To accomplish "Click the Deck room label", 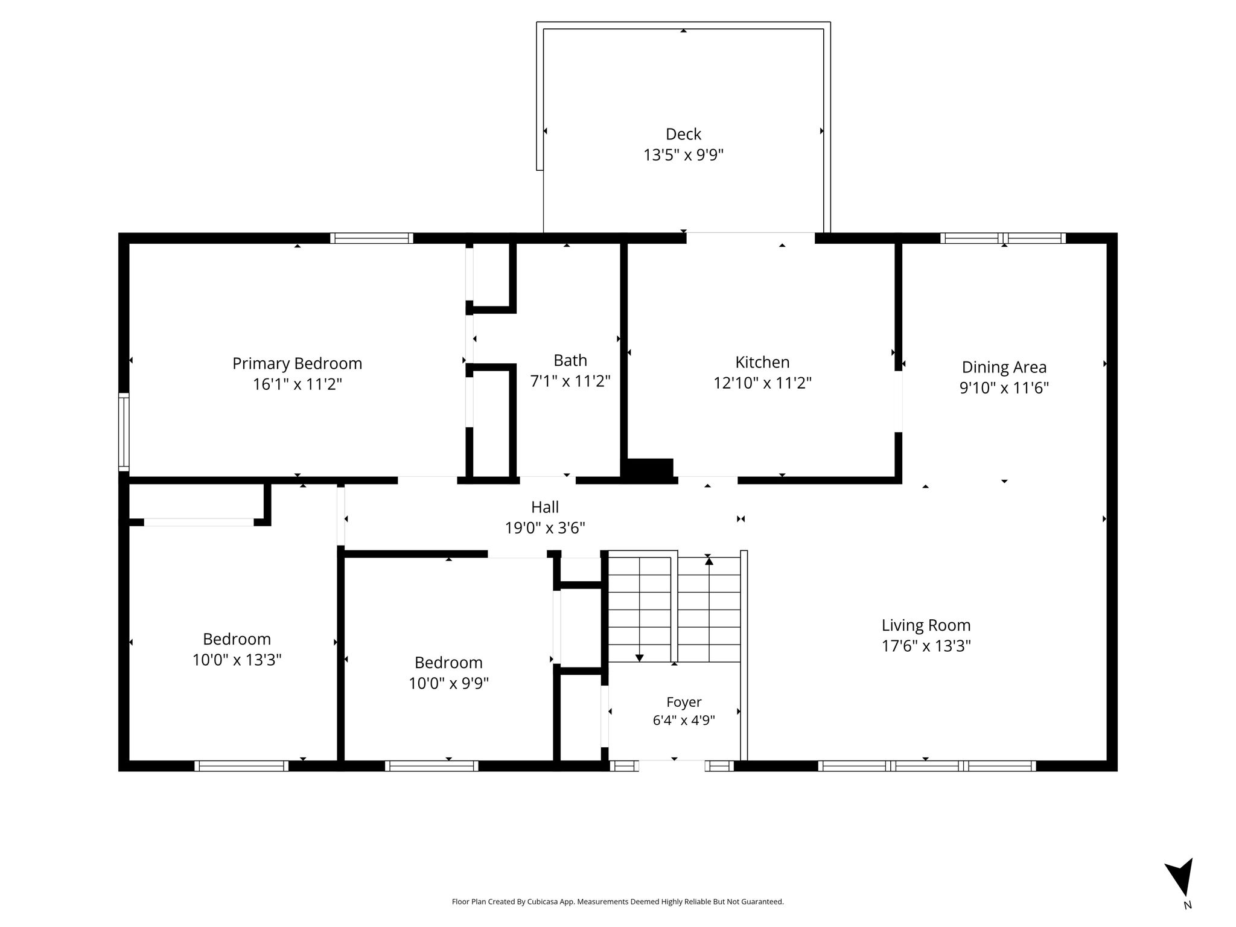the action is tap(683, 134).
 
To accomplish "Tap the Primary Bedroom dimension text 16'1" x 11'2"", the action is tap(297, 384).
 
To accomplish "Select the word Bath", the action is tap(570, 360).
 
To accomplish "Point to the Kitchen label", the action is tap(762, 362).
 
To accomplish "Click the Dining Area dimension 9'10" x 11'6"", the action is tap(1004, 387).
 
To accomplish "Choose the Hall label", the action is tap(545, 507).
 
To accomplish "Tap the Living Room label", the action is tap(926, 625).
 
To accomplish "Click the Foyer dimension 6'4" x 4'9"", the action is tap(684, 720).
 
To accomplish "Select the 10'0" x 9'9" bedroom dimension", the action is tap(448, 683).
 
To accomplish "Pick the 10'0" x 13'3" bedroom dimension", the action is tap(237, 660).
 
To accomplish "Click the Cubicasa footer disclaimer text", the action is tap(617, 902).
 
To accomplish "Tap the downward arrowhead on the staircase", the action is tap(640, 658).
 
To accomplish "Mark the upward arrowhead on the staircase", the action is tap(709, 561).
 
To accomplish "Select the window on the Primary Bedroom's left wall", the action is tap(123, 432).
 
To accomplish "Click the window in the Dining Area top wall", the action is tap(1003, 238).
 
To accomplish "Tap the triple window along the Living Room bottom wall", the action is tap(927, 766).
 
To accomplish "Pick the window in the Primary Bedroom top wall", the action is tap(372, 238).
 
